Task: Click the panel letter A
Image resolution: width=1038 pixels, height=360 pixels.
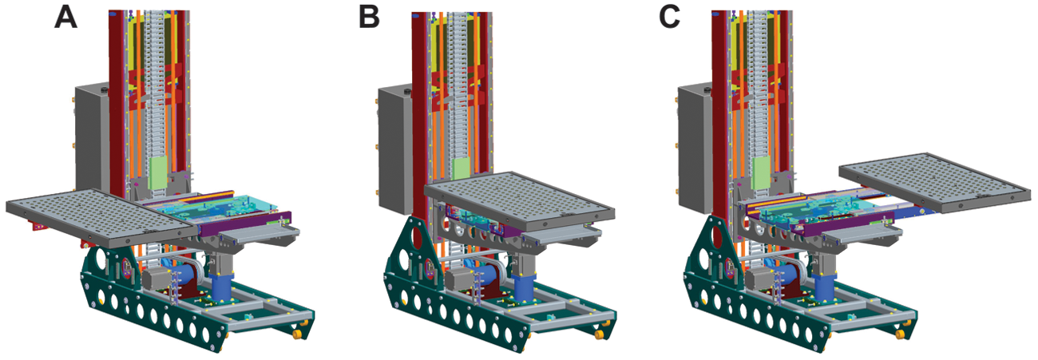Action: point(65,18)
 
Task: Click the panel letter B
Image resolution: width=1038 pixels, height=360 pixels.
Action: point(370,18)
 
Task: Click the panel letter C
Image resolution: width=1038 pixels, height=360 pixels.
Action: point(670,18)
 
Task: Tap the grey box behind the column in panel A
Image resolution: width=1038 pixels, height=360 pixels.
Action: point(93,139)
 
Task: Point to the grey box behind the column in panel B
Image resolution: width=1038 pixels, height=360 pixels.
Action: point(394,148)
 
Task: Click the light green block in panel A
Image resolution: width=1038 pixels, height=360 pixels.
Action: point(158,173)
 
